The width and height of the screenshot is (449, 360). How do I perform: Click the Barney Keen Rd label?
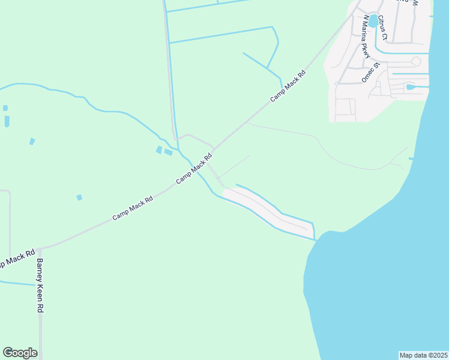pos(40,285)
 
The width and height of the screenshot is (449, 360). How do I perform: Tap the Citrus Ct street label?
pos(384,28)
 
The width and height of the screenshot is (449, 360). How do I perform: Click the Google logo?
pos(20,353)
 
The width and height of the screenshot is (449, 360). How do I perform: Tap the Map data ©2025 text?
pos(423,355)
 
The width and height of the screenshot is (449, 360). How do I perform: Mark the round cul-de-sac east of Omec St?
pos(416,61)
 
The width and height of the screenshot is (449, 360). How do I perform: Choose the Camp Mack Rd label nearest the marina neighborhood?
pos(288,85)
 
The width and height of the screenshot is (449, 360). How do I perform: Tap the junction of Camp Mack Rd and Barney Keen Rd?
pos(38,248)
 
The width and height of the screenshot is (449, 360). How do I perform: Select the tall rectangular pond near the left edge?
pos(7,121)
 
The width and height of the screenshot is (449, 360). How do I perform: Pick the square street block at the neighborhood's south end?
pos(345,107)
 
